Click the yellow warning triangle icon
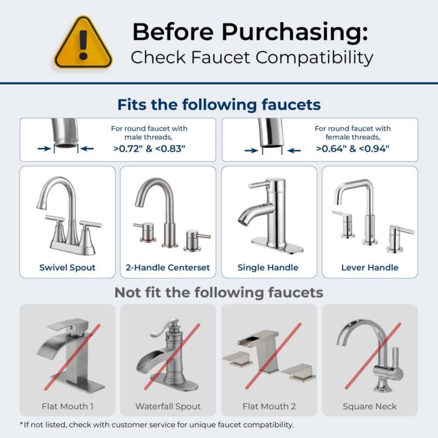click(x=83, y=43)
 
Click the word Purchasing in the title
click(x=295, y=32)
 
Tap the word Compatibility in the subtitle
click(x=314, y=58)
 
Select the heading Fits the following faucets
click(x=219, y=105)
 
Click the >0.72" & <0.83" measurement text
click(x=149, y=148)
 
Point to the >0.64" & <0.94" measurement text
click(x=353, y=148)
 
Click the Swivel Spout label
click(x=67, y=268)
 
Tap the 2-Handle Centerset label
click(x=168, y=268)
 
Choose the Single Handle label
click(x=268, y=268)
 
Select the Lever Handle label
click(x=370, y=268)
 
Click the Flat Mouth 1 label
click(x=67, y=406)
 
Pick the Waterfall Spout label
click(x=168, y=406)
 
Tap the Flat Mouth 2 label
click(x=269, y=406)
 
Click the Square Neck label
click(x=370, y=406)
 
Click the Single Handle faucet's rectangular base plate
click(x=277, y=245)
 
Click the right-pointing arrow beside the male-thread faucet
click(x=44, y=148)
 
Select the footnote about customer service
click(x=157, y=425)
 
